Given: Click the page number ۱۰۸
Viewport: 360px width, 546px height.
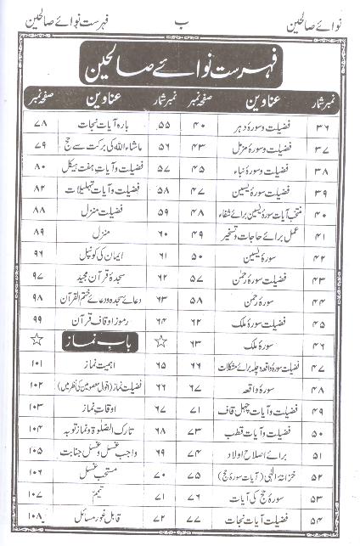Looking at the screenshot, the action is point(37,515).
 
